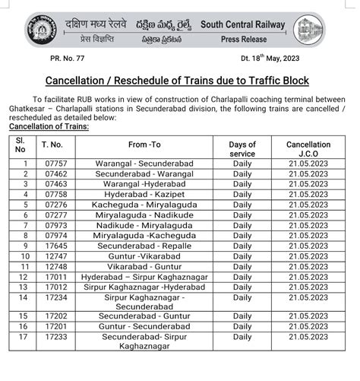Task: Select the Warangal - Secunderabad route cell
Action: coord(144,164)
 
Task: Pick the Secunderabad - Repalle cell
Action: coord(144,246)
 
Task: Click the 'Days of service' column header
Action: coord(242,148)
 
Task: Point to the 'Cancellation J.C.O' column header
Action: coord(308,148)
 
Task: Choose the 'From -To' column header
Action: coord(144,144)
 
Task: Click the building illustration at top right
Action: coord(312,29)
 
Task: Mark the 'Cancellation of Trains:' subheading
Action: coord(49,127)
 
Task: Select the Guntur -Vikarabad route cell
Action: coord(144,257)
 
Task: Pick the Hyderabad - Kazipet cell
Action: coord(144,195)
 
